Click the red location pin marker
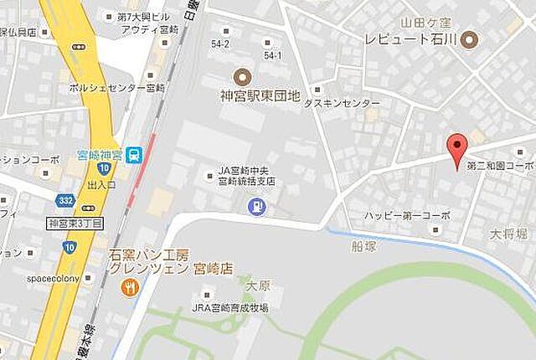click(456, 149)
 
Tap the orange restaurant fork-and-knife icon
click(129, 288)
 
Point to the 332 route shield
click(66, 202)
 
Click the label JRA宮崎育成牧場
click(230, 308)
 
